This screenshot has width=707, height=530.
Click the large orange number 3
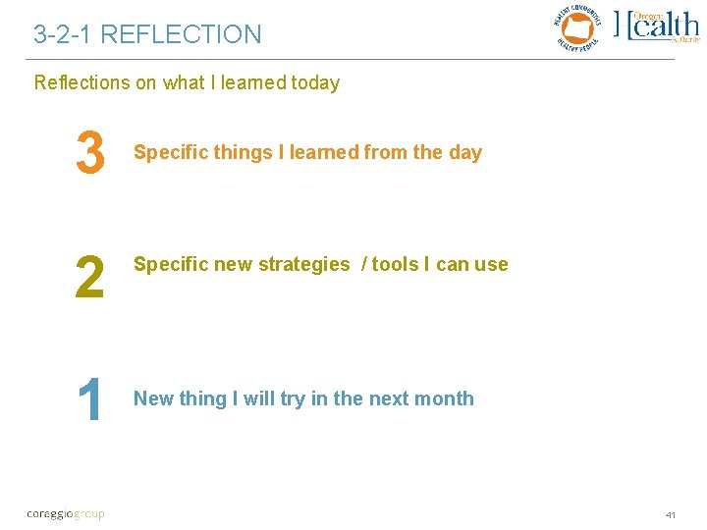coord(89,154)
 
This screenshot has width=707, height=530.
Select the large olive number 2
coord(89,277)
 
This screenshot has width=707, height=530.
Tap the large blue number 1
coord(90,401)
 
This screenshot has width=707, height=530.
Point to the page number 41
coord(672,514)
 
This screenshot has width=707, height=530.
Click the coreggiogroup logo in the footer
coord(66,513)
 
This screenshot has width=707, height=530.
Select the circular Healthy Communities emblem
coord(579,26)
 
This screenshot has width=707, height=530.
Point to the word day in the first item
coord(465,152)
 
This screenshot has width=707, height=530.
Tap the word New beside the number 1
coord(152,398)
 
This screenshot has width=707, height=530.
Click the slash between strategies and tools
coord(362,264)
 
